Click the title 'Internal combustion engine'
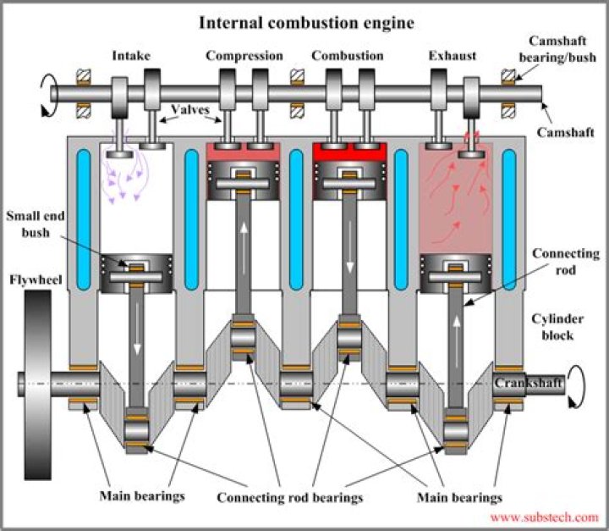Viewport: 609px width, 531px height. click(306, 22)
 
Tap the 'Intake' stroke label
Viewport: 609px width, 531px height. click(131, 56)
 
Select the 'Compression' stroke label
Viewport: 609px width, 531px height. click(244, 56)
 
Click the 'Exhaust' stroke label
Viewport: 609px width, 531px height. click(452, 56)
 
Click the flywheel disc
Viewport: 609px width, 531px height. click(37, 384)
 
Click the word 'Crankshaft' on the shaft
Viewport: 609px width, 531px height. click(529, 384)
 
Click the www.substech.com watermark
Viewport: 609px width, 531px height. click(544, 517)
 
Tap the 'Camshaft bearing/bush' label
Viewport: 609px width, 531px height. click(559, 48)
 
